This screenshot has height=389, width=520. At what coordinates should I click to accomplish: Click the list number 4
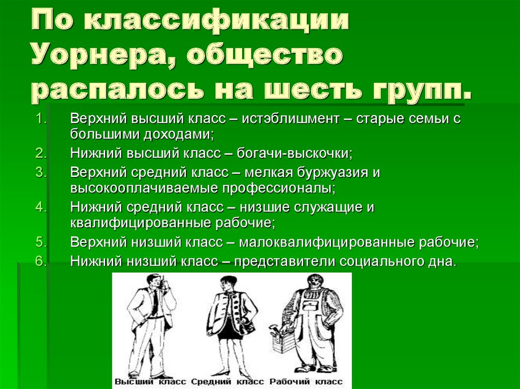[x=41, y=207]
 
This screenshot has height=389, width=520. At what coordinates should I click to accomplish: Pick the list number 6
[x=41, y=261]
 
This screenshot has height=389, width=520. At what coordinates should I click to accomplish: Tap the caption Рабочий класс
[x=306, y=381]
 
